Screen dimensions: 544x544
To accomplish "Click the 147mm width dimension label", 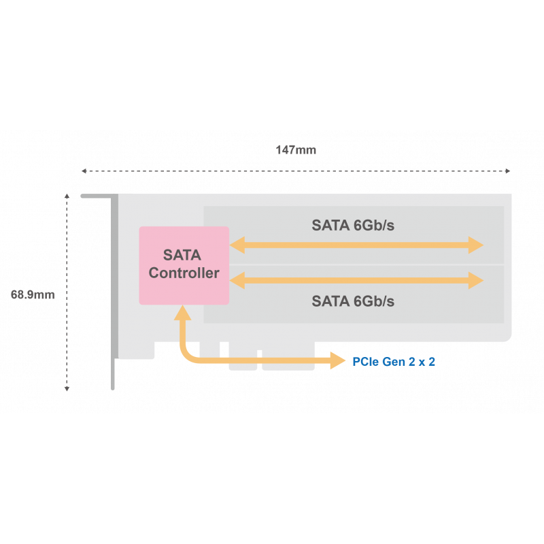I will point(296,150).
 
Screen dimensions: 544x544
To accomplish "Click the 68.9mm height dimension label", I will point(33,295).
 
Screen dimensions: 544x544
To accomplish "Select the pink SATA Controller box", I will point(184,265).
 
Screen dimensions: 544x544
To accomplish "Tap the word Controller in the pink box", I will point(184,274).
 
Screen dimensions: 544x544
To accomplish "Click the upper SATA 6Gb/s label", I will point(353,226).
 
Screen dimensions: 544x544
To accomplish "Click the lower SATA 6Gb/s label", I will point(353,301).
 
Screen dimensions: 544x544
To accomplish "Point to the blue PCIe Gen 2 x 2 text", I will point(394,362).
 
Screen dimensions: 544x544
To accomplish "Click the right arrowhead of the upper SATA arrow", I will point(477,245).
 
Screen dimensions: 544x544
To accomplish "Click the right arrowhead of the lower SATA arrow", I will point(477,279).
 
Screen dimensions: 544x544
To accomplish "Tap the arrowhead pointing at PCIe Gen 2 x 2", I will point(339,361).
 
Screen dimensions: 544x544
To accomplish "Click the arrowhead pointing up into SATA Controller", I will point(182,313).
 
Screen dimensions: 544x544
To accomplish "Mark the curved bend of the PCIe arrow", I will point(188,356).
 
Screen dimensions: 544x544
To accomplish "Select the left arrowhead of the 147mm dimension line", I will point(84,171).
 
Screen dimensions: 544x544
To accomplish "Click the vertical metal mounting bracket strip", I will point(114,292).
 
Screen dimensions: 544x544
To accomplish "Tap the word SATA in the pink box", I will point(182,256).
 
